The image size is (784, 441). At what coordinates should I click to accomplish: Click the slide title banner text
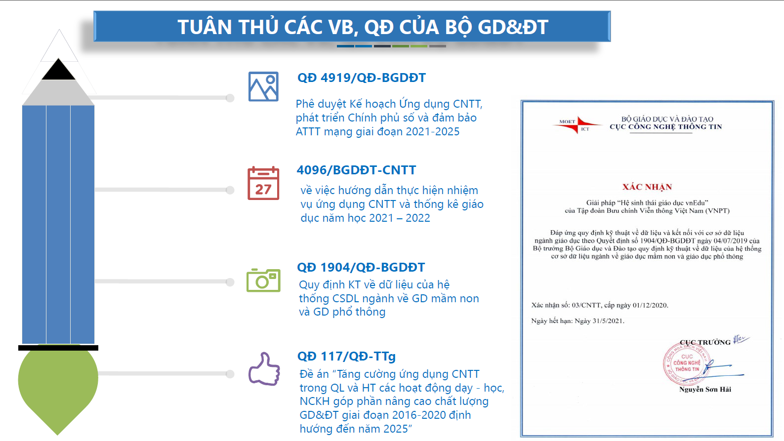click(x=363, y=27)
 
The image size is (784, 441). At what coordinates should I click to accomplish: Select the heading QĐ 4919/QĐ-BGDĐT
click(x=362, y=78)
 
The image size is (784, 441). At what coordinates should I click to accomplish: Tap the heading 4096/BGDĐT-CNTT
click(x=356, y=170)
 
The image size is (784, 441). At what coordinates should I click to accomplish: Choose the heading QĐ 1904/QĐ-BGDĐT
click(x=361, y=267)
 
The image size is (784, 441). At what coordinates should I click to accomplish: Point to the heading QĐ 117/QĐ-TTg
click(x=346, y=356)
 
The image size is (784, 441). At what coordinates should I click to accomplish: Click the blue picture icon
click(x=263, y=86)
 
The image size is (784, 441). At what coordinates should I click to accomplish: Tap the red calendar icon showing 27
click(x=263, y=183)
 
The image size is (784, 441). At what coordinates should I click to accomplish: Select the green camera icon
click(x=263, y=280)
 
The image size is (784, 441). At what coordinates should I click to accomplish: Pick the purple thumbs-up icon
click(x=264, y=369)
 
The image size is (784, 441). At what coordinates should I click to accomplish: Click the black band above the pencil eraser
click(x=58, y=348)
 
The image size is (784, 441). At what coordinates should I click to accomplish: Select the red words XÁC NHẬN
click(x=647, y=187)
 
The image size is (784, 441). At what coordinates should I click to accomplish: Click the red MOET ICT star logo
click(x=577, y=125)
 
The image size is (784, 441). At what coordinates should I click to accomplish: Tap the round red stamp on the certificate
click(x=686, y=364)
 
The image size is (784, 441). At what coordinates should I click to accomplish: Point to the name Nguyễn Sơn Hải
click(x=705, y=390)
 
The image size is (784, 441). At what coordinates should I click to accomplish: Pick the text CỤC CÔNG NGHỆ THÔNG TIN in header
click(x=666, y=127)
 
